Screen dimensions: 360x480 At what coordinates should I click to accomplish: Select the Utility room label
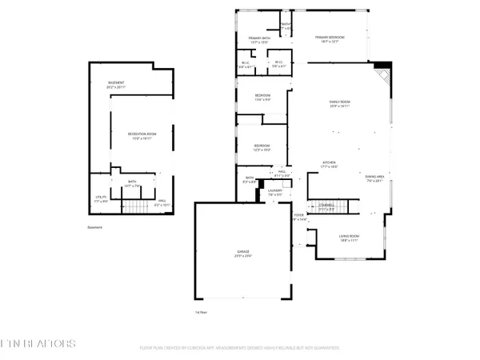tap(101, 200)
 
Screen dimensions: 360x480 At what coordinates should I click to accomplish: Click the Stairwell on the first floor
tap(325, 204)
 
